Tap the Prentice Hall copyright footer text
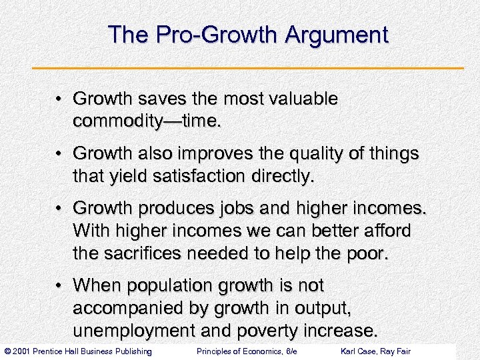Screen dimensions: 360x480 (x=77, y=351)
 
